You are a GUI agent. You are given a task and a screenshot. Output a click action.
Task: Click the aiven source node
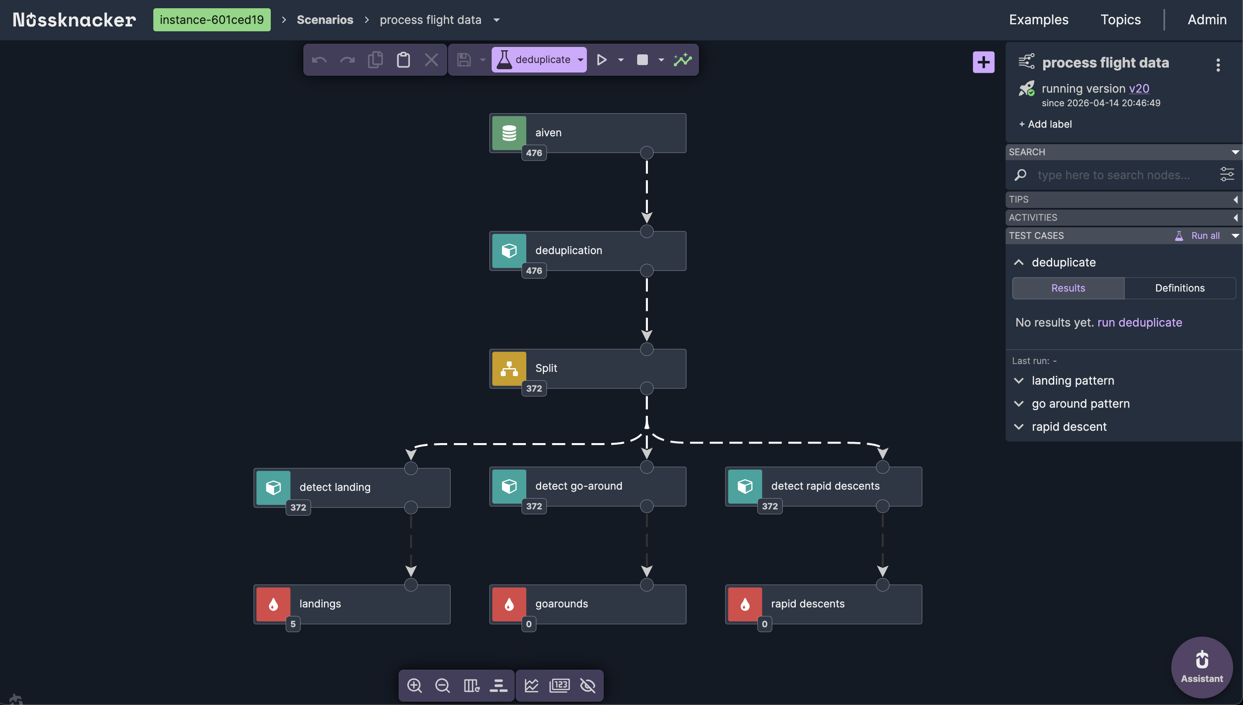587,133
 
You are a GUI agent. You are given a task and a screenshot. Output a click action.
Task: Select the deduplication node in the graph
587,250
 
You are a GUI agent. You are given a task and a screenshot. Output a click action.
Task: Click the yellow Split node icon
509,369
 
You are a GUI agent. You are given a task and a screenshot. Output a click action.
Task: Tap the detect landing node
352,487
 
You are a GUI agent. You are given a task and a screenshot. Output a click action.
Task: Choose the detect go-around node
587,486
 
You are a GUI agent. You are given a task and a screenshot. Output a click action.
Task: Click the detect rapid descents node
823,486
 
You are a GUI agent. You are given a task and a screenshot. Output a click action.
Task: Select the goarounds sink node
587,604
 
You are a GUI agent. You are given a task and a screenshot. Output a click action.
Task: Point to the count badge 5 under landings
293,624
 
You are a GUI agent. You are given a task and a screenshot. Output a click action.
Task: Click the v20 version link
1139,89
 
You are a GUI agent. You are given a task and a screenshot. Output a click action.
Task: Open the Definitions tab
1180,288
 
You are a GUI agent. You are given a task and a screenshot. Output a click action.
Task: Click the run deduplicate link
1139,322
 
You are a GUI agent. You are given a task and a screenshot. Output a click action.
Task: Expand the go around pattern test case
1080,404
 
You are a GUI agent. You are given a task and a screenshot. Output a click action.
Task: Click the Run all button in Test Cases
1205,236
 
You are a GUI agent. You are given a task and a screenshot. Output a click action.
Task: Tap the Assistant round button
1201,667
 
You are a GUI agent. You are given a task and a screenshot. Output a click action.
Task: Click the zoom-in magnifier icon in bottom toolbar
414,685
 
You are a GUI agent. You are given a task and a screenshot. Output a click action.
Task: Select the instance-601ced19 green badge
212,20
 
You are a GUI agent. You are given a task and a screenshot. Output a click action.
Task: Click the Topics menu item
1121,20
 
